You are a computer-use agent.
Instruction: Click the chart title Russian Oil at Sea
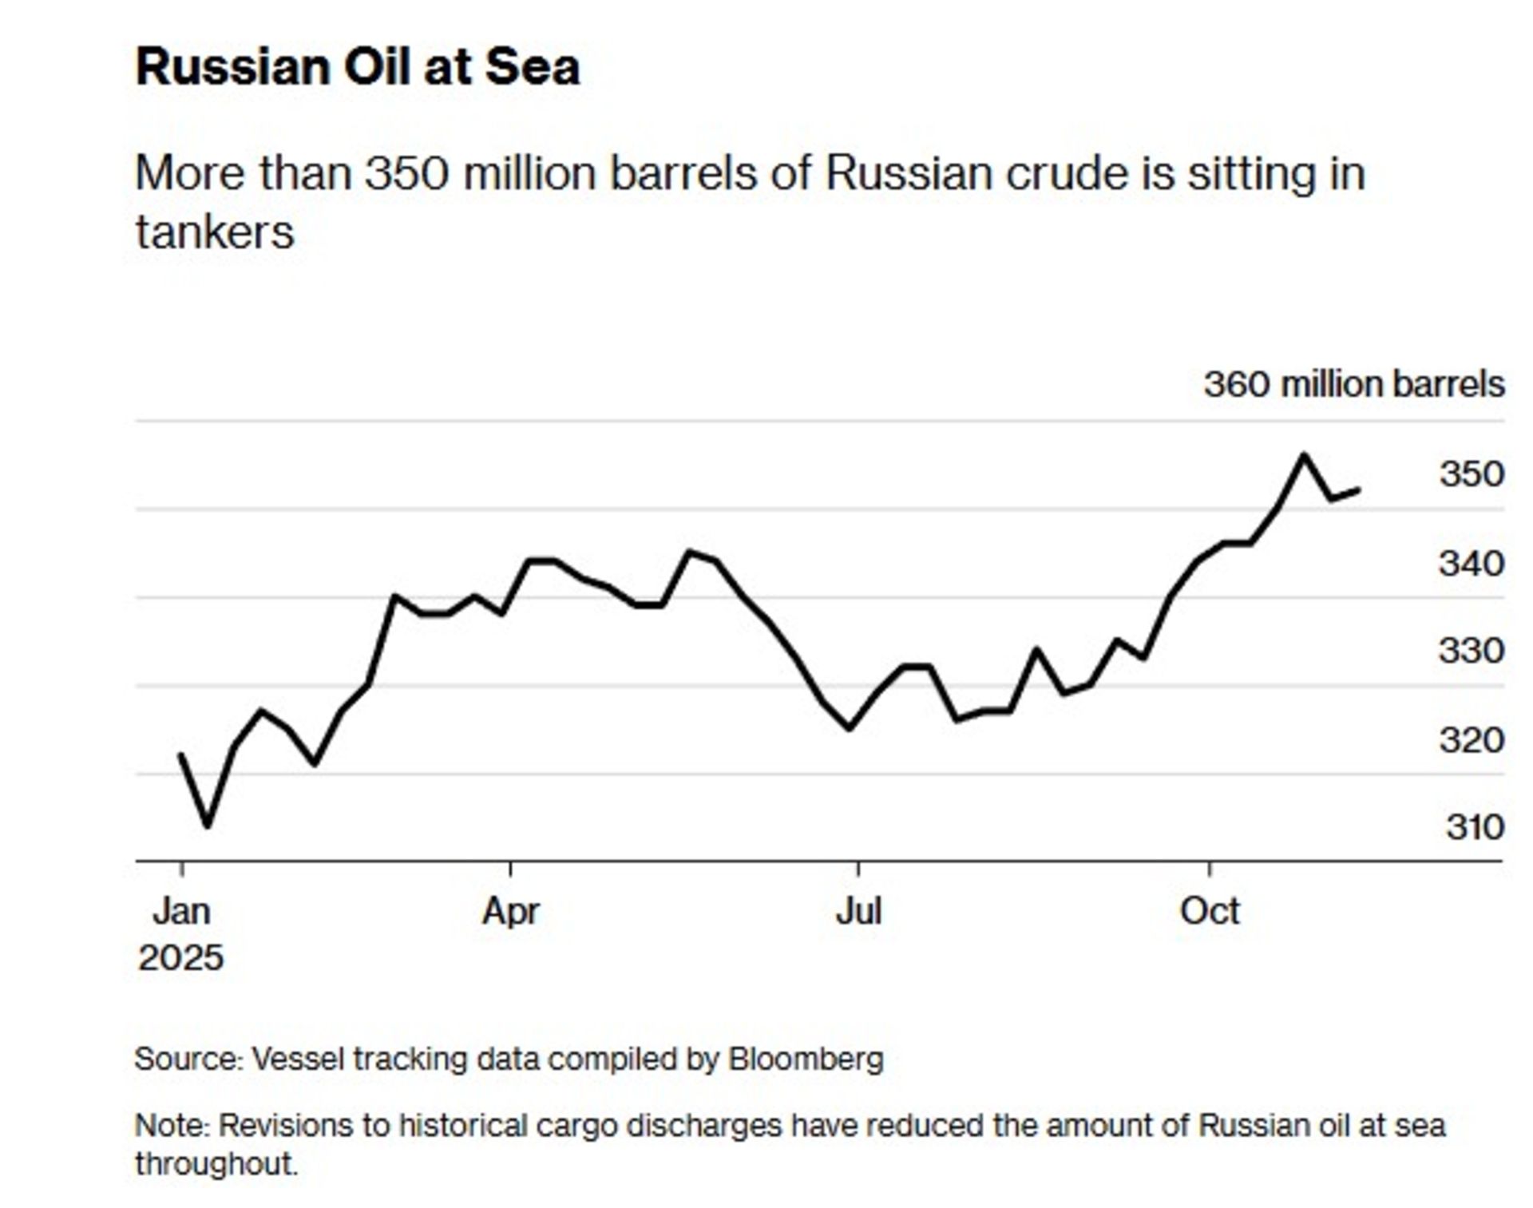pyautogui.click(x=358, y=67)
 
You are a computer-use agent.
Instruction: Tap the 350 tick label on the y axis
pyautogui.click(x=1472, y=474)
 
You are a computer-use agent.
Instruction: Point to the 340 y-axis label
pyautogui.click(x=1472, y=564)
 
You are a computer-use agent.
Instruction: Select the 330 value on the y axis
pyautogui.click(x=1472, y=651)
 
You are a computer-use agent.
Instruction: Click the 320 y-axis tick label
pyautogui.click(x=1472, y=740)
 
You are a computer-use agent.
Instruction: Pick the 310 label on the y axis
pyautogui.click(x=1475, y=827)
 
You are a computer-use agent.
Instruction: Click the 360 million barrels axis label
pyautogui.click(x=1354, y=384)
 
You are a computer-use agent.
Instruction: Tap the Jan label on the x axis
pyautogui.click(x=182, y=911)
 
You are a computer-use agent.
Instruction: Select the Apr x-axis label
pyautogui.click(x=511, y=911)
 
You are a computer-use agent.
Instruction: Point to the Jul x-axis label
pyautogui.click(x=858, y=911)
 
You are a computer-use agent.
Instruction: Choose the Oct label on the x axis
pyautogui.click(x=1210, y=911)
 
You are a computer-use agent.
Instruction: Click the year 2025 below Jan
pyautogui.click(x=181, y=958)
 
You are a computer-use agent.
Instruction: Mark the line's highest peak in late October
pyautogui.click(x=1304, y=455)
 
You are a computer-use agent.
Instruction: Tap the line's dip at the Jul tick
pyautogui.click(x=850, y=728)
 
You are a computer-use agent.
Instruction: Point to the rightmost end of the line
pyautogui.click(x=1358, y=490)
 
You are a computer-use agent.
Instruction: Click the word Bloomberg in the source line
pyautogui.click(x=806, y=1059)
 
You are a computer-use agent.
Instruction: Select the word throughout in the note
pyautogui.click(x=216, y=1164)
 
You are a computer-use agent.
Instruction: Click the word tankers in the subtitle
pyautogui.click(x=215, y=232)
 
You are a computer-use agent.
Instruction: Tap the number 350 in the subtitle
pyautogui.click(x=407, y=173)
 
